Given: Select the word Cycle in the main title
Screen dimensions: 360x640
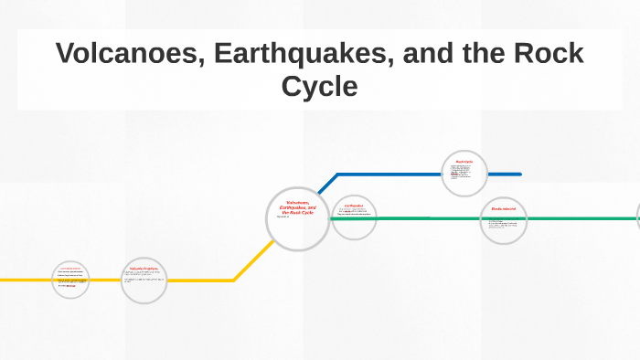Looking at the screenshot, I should (319, 87).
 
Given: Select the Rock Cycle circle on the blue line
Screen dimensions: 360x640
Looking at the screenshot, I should (464, 174).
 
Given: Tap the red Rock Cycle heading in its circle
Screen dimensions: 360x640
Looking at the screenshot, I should (464, 162).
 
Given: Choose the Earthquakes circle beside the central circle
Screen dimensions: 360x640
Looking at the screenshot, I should (354, 218).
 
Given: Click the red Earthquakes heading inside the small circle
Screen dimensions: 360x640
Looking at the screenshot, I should (354, 206).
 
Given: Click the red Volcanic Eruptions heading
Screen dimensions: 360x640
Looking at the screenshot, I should (144, 268).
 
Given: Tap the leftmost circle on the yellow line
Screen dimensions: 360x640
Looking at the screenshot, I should (70, 279).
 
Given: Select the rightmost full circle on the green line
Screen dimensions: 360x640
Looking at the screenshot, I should (504, 220).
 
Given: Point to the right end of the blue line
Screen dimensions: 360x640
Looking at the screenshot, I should (519, 174).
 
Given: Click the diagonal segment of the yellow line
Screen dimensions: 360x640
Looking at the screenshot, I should (252, 260).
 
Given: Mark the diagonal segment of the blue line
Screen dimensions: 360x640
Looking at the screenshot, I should (328, 183).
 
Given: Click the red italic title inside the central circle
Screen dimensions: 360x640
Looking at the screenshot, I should (298, 206).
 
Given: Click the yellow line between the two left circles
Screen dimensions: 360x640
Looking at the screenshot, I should (105, 280).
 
